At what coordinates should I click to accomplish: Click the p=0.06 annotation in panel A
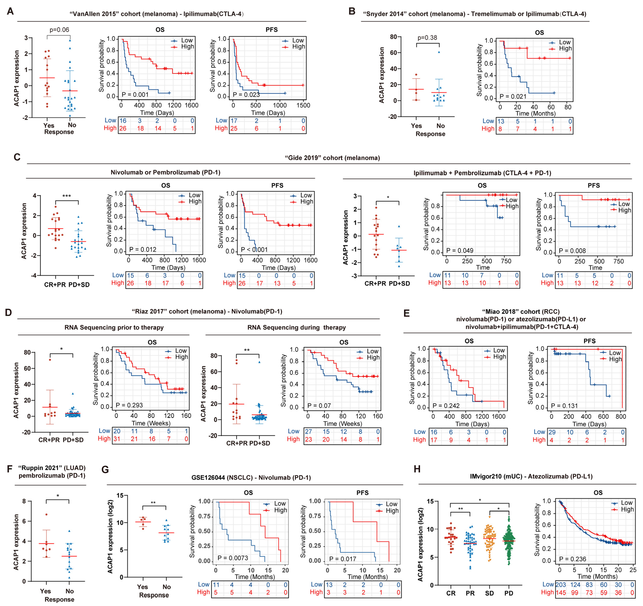(x=59, y=30)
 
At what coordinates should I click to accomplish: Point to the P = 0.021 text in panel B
(x=513, y=96)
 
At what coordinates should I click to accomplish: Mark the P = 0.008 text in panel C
(x=572, y=251)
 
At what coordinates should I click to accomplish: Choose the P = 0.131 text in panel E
(x=564, y=405)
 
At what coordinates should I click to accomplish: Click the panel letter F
(x=10, y=469)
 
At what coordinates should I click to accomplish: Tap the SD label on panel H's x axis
(x=489, y=593)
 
